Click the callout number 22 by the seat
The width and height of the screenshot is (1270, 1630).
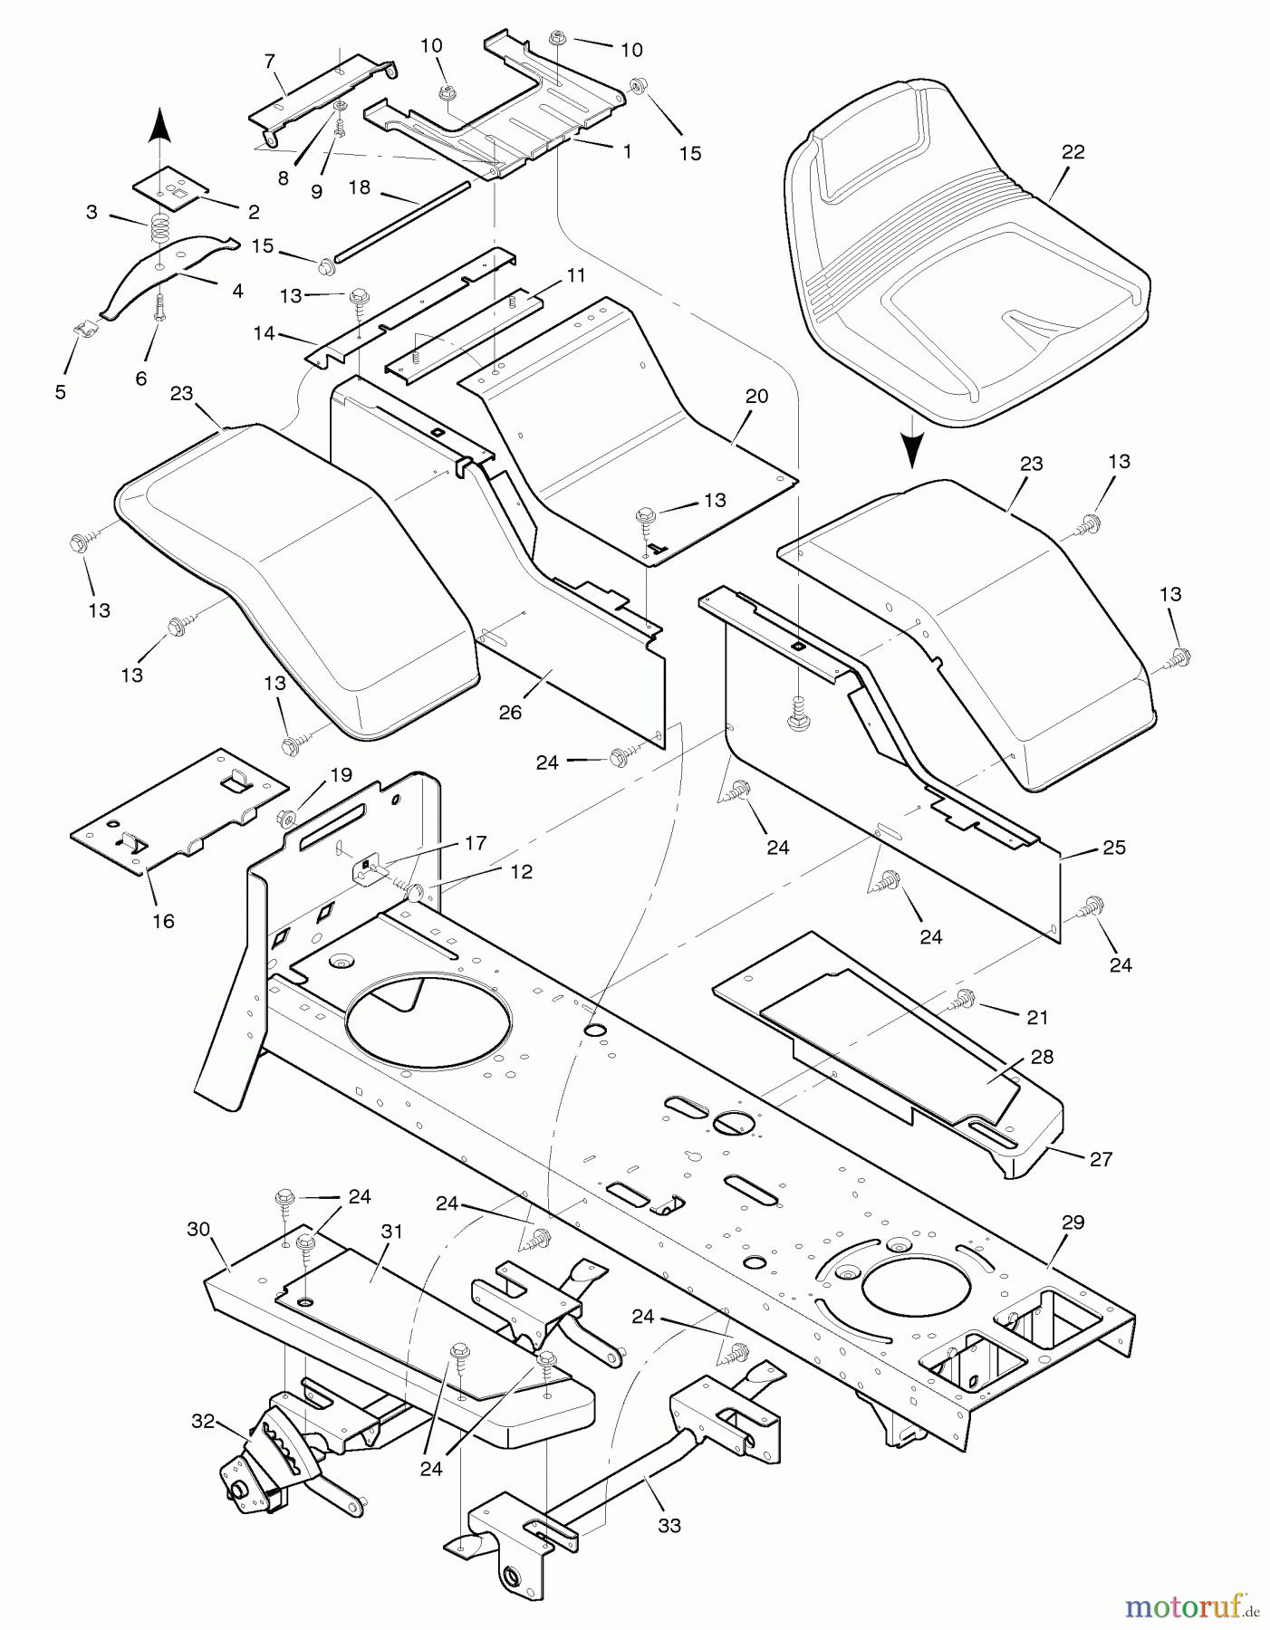tap(1073, 152)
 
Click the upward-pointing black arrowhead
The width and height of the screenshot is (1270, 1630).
tap(159, 123)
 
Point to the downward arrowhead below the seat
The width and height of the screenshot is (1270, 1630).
tap(913, 449)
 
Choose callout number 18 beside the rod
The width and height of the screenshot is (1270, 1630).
tap(360, 187)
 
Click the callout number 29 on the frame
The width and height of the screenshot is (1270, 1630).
tap(1073, 1222)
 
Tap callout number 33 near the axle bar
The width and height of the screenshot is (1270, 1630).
tap(669, 1526)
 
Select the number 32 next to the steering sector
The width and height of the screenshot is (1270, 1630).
tap(203, 1422)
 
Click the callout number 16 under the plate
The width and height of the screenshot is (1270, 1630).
tap(163, 921)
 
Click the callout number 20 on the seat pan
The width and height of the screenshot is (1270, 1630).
tap(756, 396)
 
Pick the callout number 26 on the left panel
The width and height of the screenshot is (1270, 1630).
tap(511, 713)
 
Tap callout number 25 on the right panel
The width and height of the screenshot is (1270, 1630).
tap(1114, 848)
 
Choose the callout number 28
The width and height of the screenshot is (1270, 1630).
tap(1042, 1057)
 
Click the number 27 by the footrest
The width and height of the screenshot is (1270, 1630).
tap(1101, 1158)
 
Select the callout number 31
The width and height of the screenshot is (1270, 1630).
tap(391, 1232)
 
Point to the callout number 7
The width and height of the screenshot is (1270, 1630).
tap(269, 62)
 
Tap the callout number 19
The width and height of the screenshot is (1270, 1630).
tap(341, 775)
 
